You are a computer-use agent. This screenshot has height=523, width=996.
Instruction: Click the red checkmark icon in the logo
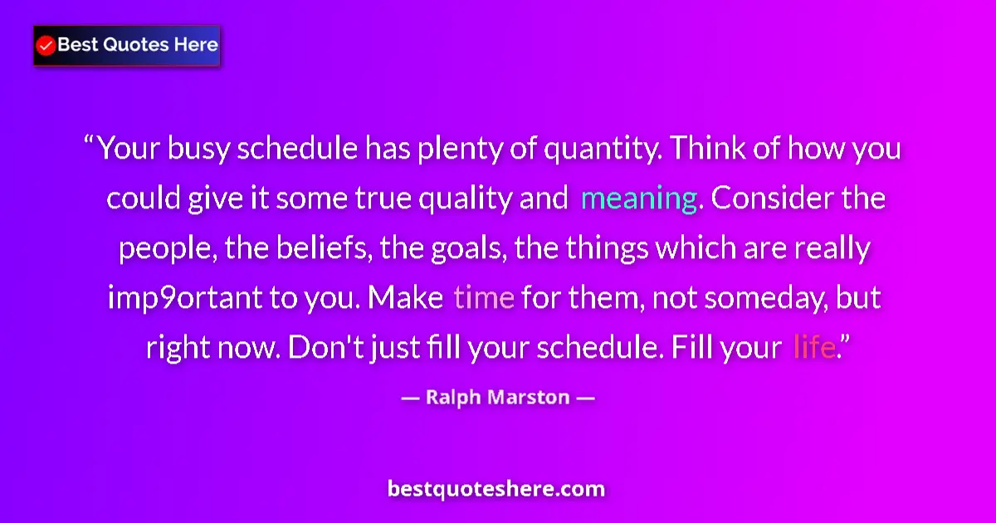pos(46,46)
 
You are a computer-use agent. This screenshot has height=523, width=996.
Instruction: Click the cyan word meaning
pos(638,199)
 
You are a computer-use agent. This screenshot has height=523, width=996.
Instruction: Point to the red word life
pos(813,347)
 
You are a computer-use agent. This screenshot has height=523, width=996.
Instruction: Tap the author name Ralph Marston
pos(497,397)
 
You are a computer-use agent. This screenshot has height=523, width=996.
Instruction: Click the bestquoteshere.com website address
pos(496,488)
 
